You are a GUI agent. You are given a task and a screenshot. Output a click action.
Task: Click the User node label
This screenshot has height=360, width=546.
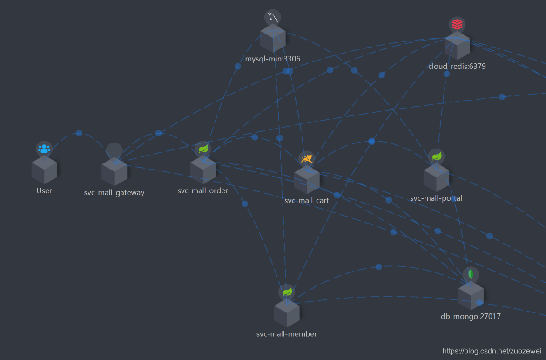click(x=44, y=190)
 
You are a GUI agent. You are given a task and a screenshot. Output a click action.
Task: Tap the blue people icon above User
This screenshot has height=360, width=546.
click(x=44, y=149)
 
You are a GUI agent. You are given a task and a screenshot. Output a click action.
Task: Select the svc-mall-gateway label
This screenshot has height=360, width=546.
click(x=114, y=193)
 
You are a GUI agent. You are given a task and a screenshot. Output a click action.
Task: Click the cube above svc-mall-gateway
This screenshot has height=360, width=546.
click(x=114, y=171)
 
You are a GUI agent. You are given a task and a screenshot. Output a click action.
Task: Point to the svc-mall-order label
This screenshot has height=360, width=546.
click(x=203, y=190)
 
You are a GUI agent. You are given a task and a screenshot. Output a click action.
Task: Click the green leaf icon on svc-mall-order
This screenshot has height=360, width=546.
click(x=203, y=149)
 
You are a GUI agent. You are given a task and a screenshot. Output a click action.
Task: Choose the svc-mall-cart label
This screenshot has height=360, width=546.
click(x=307, y=201)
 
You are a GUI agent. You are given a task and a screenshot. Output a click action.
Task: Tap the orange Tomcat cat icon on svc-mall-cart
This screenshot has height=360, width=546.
click(x=307, y=159)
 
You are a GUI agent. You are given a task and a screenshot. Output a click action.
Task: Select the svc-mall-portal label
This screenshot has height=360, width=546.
click(x=436, y=198)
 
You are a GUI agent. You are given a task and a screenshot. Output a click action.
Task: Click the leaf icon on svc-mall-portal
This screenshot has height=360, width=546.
click(x=436, y=156)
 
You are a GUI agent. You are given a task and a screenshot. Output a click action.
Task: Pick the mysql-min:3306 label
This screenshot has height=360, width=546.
click(x=273, y=59)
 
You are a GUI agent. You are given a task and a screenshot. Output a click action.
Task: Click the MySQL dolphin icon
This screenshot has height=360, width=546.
click(x=273, y=18)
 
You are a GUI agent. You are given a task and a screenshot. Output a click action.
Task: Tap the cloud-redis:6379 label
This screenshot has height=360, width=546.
click(x=457, y=66)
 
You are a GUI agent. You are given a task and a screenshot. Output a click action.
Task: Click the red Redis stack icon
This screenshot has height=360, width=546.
click(x=457, y=25)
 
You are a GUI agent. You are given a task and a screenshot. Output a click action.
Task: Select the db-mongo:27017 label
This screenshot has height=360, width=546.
click(x=471, y=317)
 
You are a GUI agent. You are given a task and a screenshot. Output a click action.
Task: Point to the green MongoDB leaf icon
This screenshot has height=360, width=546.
click(x=471, y=274)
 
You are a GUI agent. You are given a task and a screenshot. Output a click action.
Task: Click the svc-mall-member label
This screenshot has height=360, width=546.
click(x=287, y=334)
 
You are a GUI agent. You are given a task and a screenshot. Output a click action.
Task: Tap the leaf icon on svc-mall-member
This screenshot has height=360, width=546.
click(x=287, y=292)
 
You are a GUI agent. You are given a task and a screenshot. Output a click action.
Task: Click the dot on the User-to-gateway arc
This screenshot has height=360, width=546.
click(x=79, y=133)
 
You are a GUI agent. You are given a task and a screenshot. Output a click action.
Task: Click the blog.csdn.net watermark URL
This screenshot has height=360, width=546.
click(x=492, y=351)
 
